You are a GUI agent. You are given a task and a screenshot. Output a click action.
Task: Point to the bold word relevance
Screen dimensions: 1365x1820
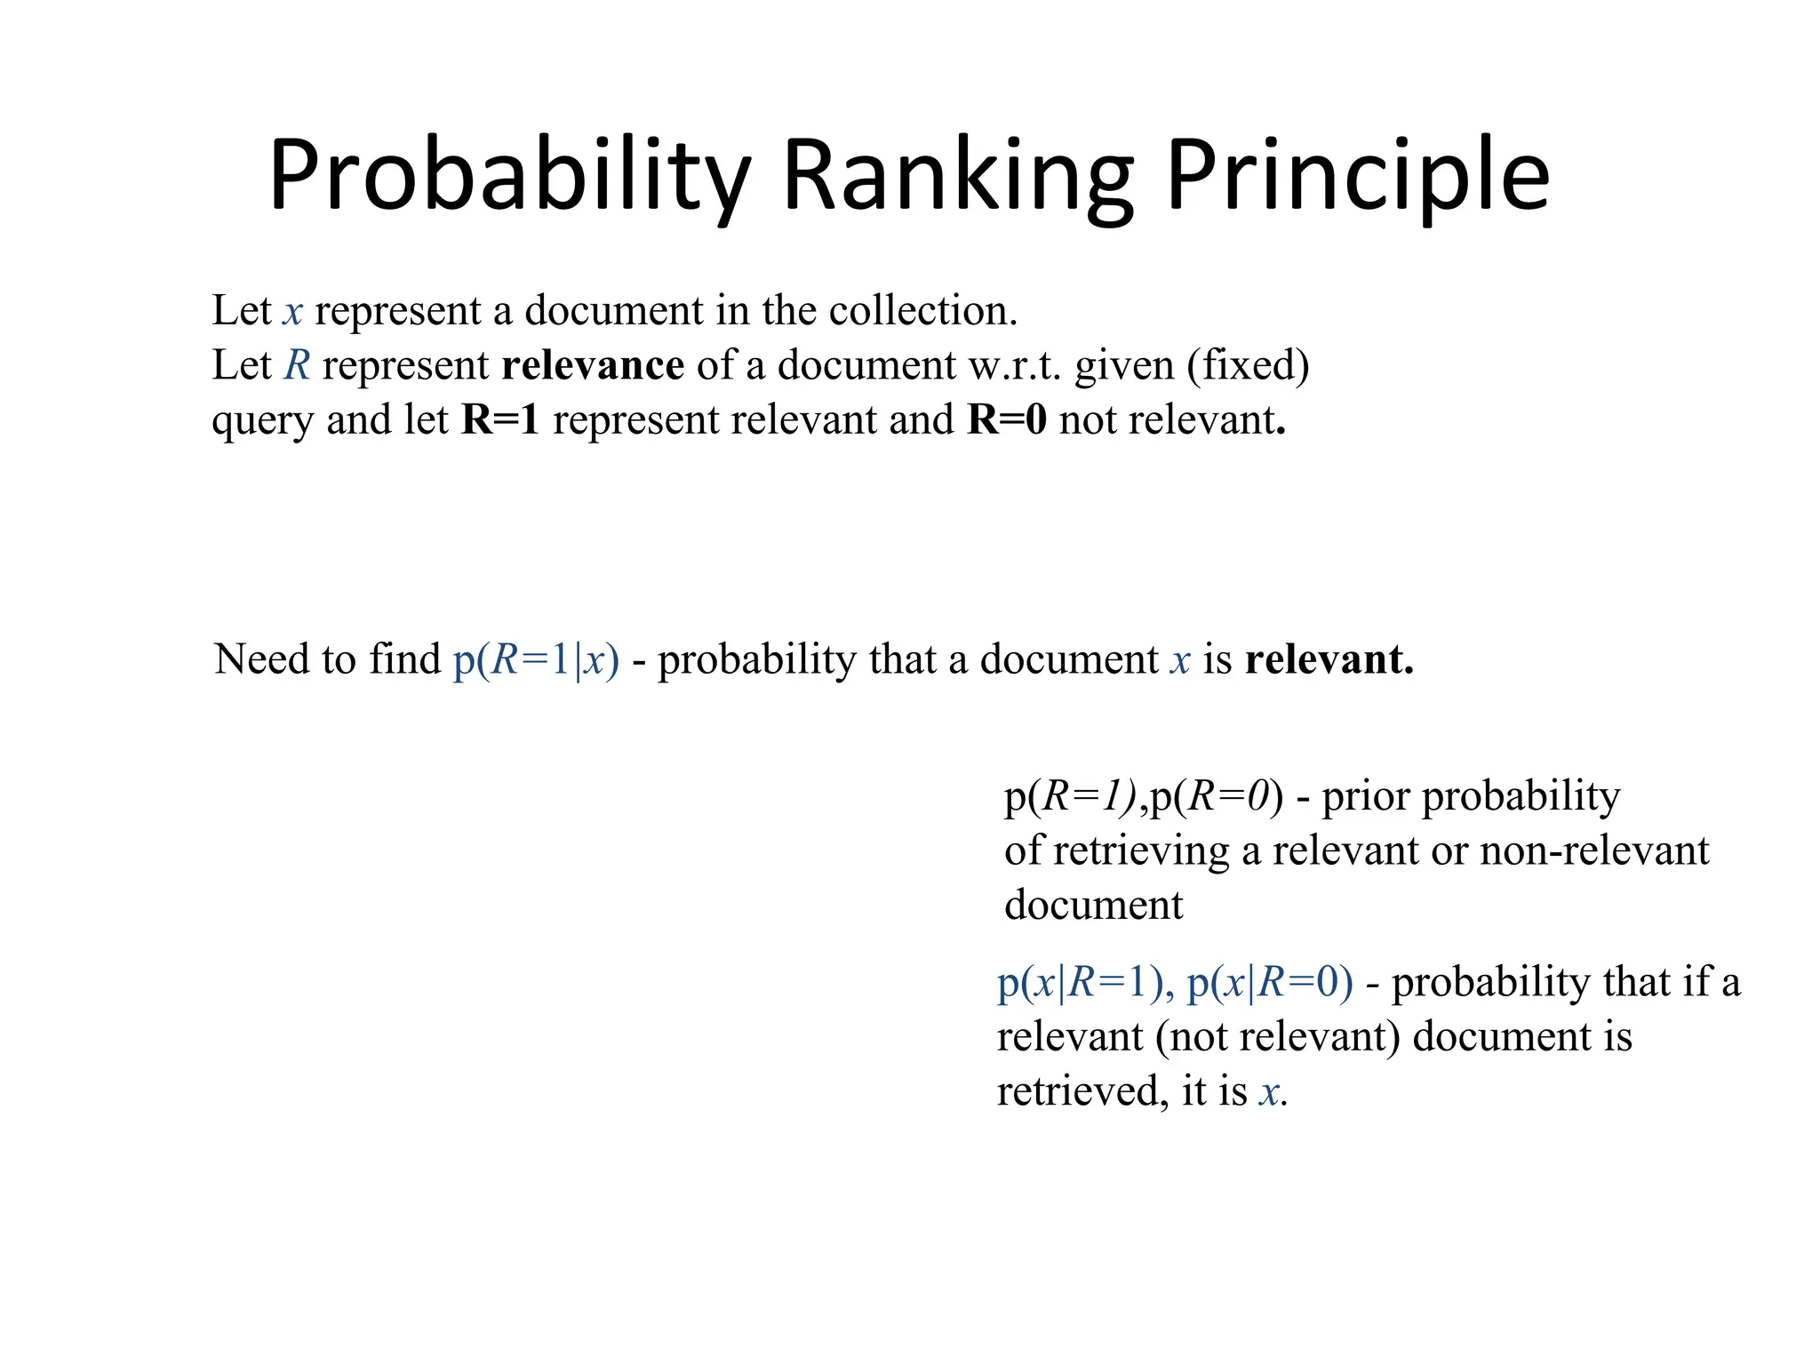point(593,365)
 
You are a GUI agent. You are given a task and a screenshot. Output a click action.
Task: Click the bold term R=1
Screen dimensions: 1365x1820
point(500,419)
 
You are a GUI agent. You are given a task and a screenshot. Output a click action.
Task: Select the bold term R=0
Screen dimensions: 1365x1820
point(1007,419)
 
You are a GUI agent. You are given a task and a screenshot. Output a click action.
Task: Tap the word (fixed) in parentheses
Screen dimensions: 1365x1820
point(1248,365)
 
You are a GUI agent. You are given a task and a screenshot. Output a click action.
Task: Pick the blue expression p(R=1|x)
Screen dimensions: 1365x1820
point(536,659)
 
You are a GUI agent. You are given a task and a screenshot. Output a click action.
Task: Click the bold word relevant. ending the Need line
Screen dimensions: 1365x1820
point(1329,659)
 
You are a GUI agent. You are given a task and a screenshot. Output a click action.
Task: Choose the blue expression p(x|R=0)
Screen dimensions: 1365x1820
point(1270,983)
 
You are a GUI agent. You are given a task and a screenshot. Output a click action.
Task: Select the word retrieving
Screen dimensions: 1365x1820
point(1141,850)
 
